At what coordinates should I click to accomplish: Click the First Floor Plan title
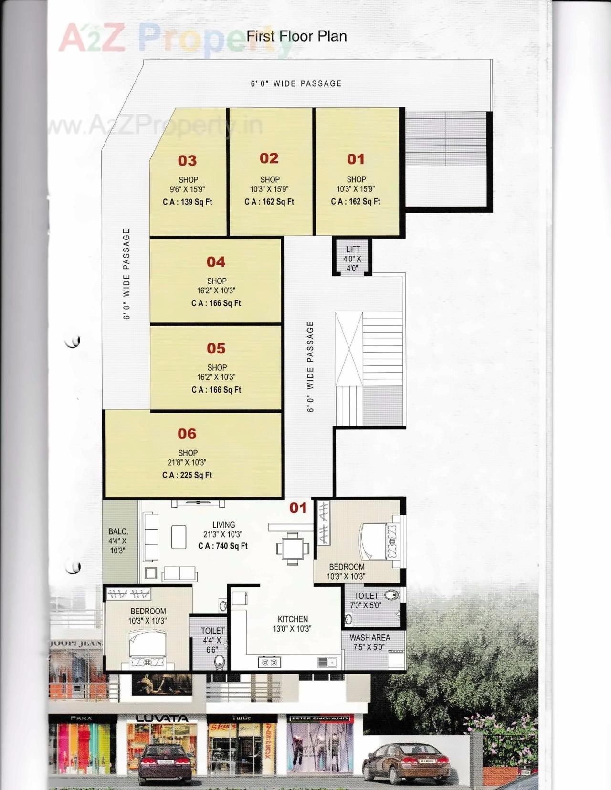click(x=296, y=36)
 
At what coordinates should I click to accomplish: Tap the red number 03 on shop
click(x=187, y=161)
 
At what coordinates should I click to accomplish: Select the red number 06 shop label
click(x=187, y=434)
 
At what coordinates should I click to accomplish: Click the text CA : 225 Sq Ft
click(x=187, y=475)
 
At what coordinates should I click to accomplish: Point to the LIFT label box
click(x=352, y=259)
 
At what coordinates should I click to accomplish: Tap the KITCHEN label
click(x=293, y=619)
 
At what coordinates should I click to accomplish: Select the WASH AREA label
click(x=369, y=638)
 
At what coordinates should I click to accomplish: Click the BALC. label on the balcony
click(x=118, y=531)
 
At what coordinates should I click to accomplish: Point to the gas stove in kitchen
click(x=269, y=663)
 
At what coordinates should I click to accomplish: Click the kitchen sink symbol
click(x=327, y=662)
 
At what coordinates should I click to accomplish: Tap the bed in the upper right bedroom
click(x=379, y=541)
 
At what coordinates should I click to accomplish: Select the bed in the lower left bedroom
click(x=147, y=649)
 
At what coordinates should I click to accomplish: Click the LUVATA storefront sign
click(x=162, y=718)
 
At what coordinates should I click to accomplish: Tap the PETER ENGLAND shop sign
click(x=319, y=718)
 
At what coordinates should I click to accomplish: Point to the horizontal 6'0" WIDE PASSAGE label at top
click(x=296, y=83)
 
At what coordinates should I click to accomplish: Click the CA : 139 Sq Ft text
click(x=188, y=202)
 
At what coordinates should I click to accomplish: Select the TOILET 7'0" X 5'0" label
click(x=366, y=601)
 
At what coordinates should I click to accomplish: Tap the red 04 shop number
click(x=216, y=262)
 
